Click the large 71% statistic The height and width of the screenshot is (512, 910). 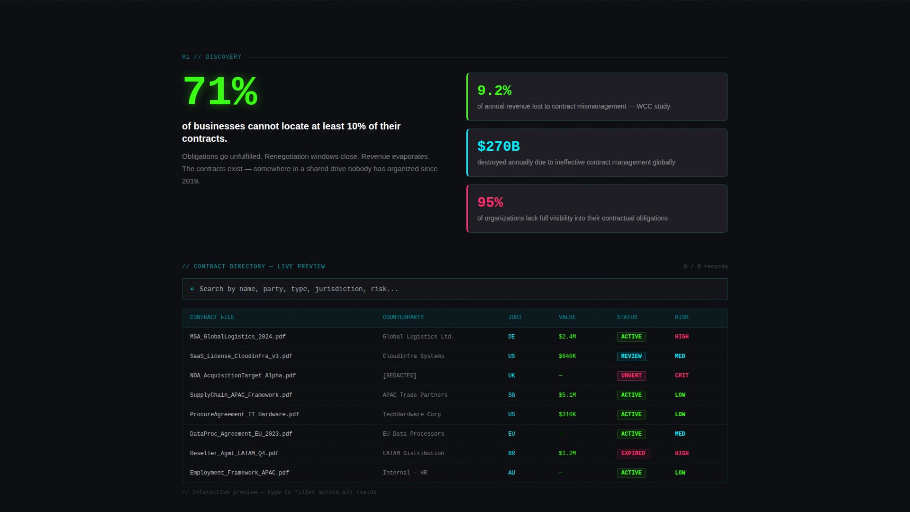pyautogui.click(x=220, y=91)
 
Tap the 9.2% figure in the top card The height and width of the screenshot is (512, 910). pyautogui.click(x=494, y=91)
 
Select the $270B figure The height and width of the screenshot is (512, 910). pyautogui.click(x=498, y=146)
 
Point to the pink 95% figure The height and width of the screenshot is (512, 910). pyautogui.click(x=490, y=202)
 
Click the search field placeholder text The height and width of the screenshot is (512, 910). pyautogui.click(x=299, y=289)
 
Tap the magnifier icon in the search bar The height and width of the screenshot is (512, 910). pyautogui.click(x=192, y=289)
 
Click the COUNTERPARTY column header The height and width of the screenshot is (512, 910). pyautogui.click(x=403, y=317)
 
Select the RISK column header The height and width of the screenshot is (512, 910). pyautogui.click(x=682, y=317)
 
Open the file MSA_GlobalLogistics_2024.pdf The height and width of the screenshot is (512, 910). pyautogui.click(x=237, y=337)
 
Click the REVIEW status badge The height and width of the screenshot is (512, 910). pyautogui.click(x=631, y=356)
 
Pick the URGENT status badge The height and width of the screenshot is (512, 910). pyautogui.click(x=631, y=375)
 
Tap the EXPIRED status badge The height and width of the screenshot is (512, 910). pyautogui.click(x=633, y=453)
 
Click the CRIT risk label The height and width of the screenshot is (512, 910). pyautogui.click(x=682, y=375)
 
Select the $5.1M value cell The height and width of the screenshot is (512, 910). pyautogui.click(x=567, y=395)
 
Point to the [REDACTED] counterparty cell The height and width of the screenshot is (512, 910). pyautogui.click(x=400, y=375)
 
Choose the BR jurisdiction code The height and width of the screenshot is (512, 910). pyautogui.click(x=511, y=453)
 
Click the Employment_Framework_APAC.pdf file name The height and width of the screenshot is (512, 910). pyautogui.click(x=239, y=473)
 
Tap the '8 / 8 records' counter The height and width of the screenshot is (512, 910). pyautogui.click(x=705, y=266)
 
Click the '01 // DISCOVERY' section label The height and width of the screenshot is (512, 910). pyautogui.click(x=211, y=57)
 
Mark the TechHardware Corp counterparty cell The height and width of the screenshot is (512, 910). pyautogui.click(x=411, y=414)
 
